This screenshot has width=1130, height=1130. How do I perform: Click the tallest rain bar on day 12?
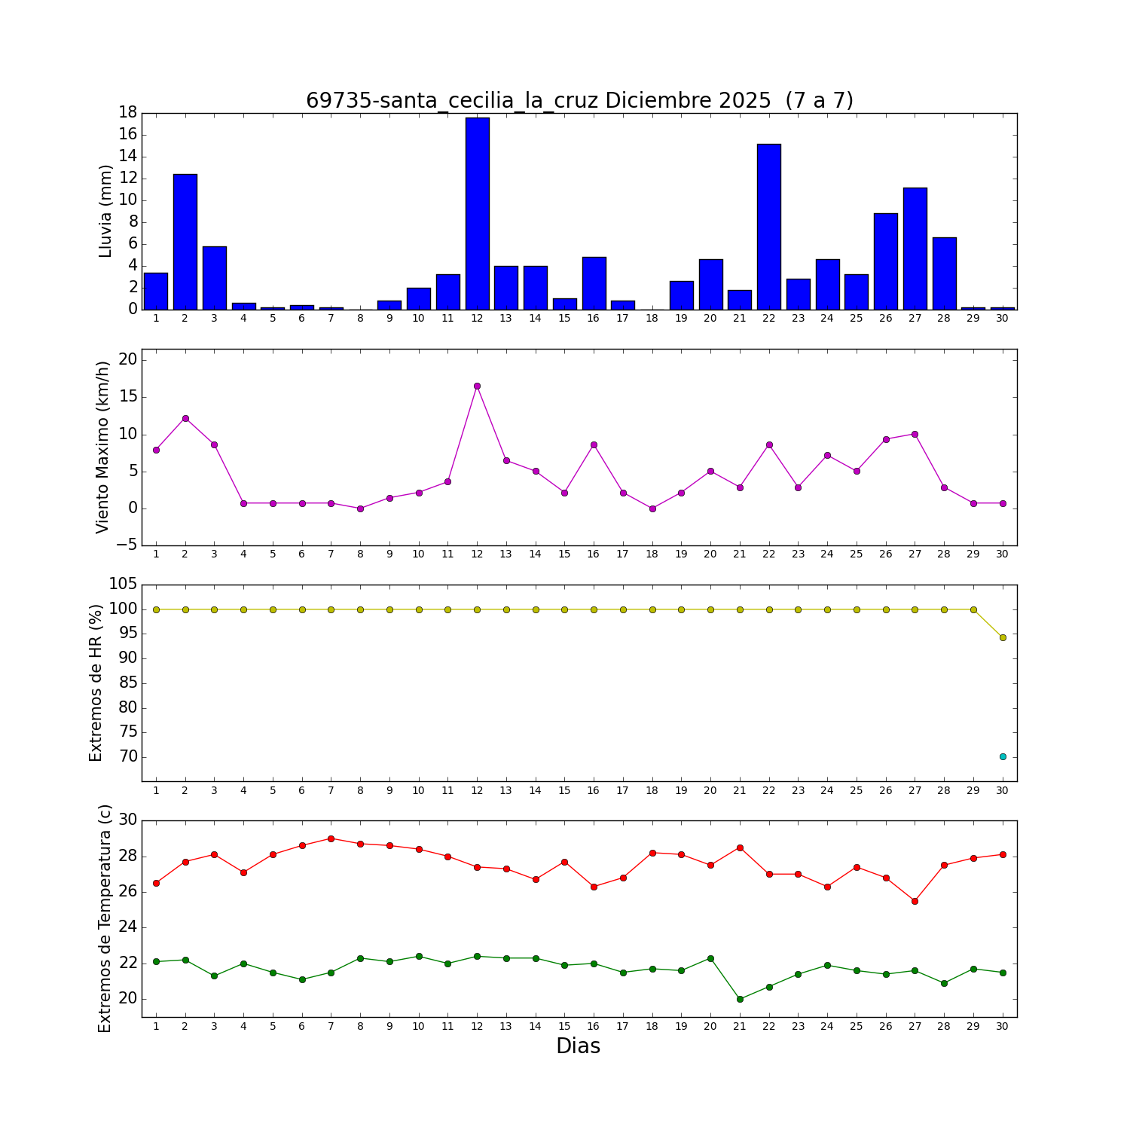click(477, 214)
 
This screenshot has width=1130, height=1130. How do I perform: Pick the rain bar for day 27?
click(915, 249)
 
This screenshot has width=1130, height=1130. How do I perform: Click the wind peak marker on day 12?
click(477, 386)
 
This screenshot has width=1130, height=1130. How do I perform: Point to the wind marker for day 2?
click(185, 418)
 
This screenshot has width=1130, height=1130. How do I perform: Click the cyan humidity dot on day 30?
click(1003, 756)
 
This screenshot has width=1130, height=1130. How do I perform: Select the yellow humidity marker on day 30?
click(1003, 637)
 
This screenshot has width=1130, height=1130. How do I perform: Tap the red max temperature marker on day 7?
click(331, 838)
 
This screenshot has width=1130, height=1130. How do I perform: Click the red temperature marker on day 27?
click(915, 901)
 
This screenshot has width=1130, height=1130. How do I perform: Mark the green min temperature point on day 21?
click(740, 999)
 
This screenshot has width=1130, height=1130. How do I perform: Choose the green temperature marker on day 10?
click(419, 956)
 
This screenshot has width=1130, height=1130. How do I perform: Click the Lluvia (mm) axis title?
click(105, 211)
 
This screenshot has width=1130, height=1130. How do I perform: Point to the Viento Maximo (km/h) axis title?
click(103, 447)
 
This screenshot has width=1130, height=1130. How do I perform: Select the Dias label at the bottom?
click(578, 1046)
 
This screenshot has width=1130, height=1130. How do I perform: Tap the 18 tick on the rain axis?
click(127, 113)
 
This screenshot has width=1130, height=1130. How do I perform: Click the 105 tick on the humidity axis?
click(123, 585)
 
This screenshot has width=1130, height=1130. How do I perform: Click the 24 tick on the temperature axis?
click(127, 927)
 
